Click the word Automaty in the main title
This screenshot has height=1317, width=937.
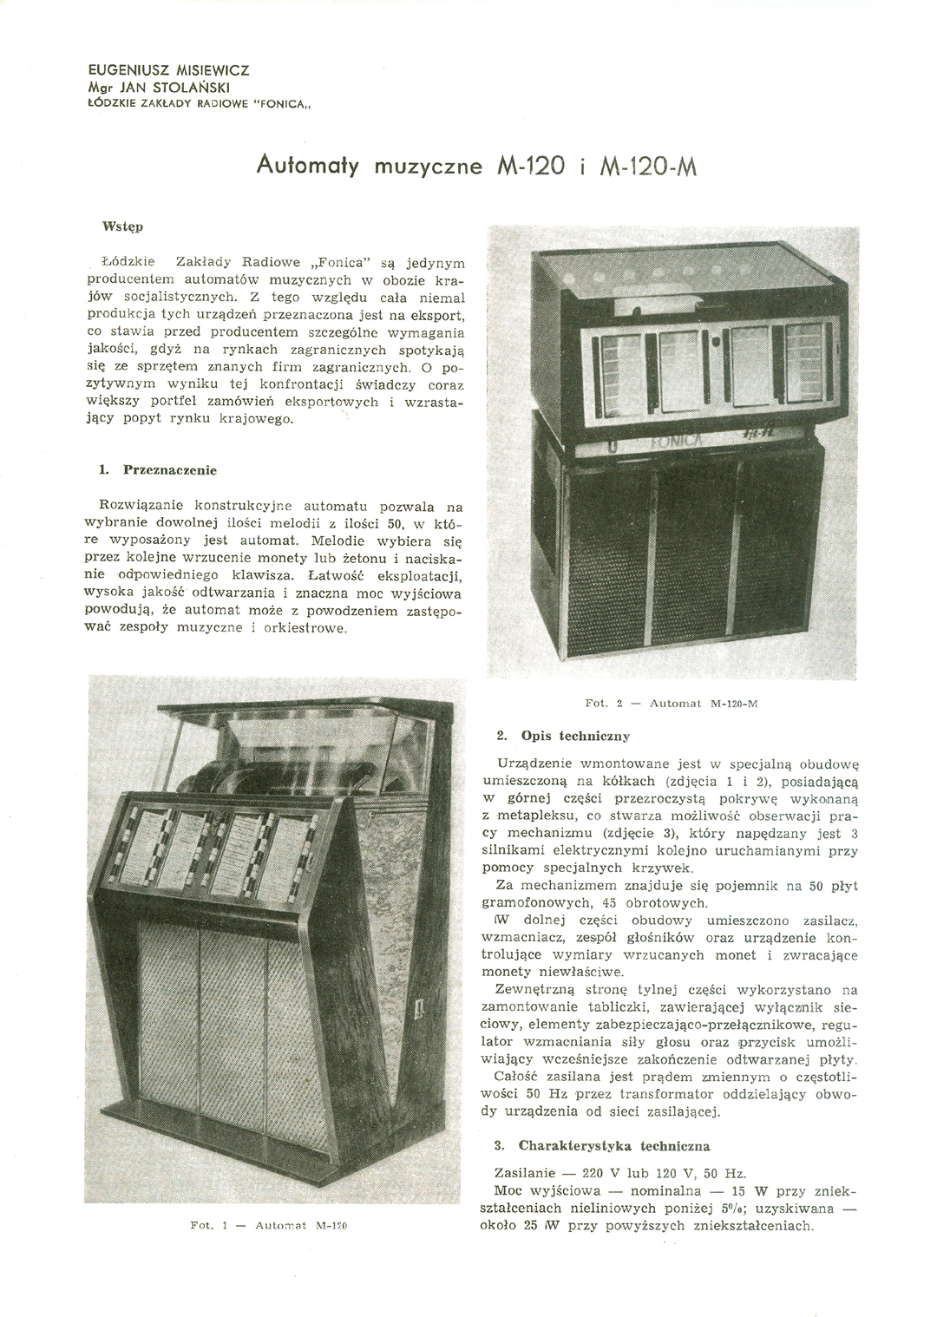point(308,165)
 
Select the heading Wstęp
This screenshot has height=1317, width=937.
point(121,226)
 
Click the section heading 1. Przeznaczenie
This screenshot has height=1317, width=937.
point(157,470)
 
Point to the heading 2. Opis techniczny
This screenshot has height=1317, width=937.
point(562,736)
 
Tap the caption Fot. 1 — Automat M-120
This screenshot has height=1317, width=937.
point(267,1226)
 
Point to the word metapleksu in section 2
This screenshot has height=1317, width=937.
point(534,817)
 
